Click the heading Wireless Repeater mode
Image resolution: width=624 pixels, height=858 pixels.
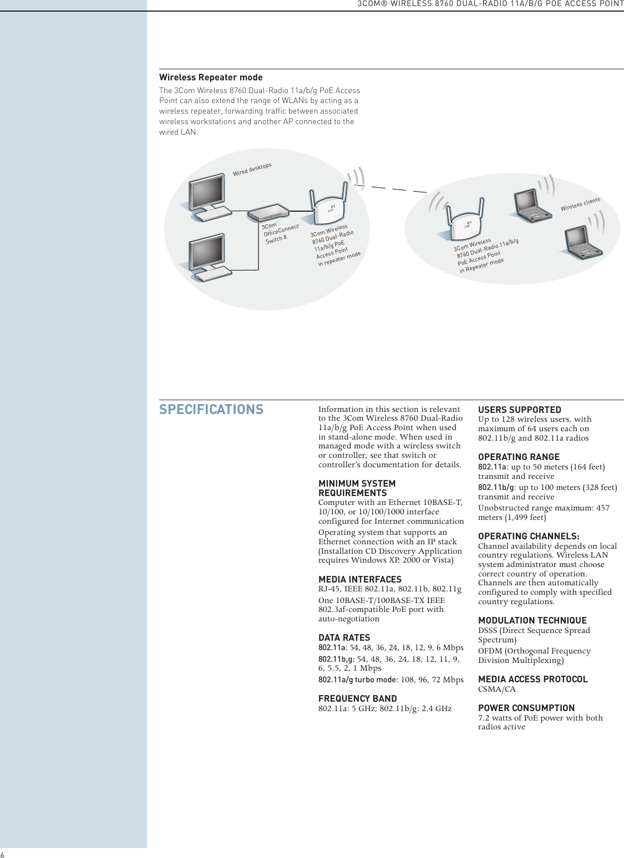211,78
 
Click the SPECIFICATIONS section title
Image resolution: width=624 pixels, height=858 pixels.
211,410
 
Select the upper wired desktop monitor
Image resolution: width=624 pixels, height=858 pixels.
207,192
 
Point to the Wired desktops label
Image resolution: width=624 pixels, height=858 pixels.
252,169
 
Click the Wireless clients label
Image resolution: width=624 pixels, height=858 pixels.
580,204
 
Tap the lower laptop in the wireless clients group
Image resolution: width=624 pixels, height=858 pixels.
582,243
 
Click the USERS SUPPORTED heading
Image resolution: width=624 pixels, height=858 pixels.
520,410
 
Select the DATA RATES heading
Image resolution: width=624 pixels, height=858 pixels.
344,638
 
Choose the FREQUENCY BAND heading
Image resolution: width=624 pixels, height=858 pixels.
358,699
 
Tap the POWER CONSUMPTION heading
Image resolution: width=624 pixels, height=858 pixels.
526,708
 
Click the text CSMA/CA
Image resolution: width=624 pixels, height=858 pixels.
497,690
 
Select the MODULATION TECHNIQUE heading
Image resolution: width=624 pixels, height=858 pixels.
532,621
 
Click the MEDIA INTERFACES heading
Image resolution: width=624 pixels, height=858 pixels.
360,580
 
